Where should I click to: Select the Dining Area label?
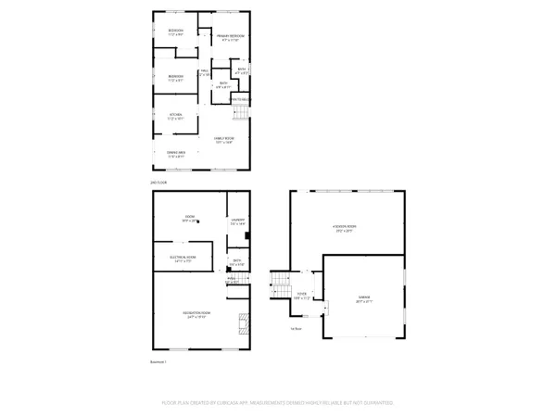point(176,154)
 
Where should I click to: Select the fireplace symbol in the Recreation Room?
point(245,323)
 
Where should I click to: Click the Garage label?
point(364,299)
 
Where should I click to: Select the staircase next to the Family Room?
point(240,112)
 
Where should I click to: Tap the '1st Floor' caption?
point(295,327)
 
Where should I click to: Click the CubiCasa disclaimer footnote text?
point(277,403)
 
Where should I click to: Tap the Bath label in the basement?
point(237,262)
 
